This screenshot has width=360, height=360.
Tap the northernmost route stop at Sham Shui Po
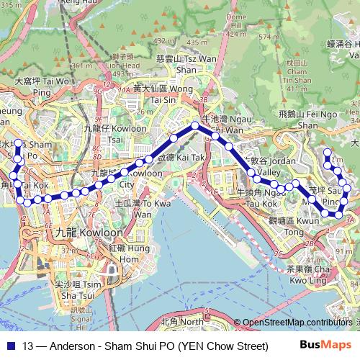[x=18, y=143]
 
